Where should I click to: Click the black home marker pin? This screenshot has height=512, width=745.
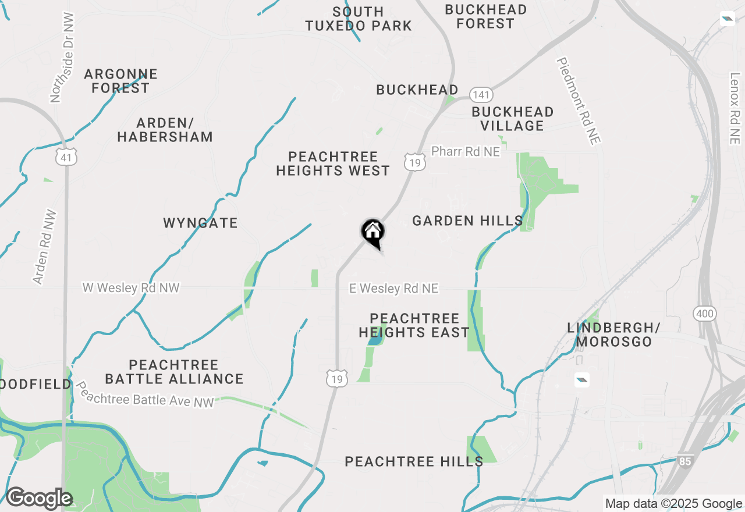373,232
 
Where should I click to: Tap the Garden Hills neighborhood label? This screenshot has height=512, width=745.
467,221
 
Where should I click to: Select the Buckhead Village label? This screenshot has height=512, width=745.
512,119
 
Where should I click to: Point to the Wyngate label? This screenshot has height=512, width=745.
200,223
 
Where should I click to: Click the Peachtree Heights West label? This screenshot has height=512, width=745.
333,163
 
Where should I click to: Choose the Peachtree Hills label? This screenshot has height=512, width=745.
414,462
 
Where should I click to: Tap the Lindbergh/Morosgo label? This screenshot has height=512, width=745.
610,335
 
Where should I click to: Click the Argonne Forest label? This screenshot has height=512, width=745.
120,81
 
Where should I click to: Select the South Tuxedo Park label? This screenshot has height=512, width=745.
359,19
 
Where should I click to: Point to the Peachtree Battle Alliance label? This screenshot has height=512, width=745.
174,372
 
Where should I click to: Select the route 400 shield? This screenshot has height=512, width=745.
704,314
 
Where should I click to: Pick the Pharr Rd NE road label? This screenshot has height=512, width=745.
466,152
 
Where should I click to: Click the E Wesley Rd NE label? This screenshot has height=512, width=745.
393,289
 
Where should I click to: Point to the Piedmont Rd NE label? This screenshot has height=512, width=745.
579,101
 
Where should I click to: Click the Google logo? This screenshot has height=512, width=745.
39,499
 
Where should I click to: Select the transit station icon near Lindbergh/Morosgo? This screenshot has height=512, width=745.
581,380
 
